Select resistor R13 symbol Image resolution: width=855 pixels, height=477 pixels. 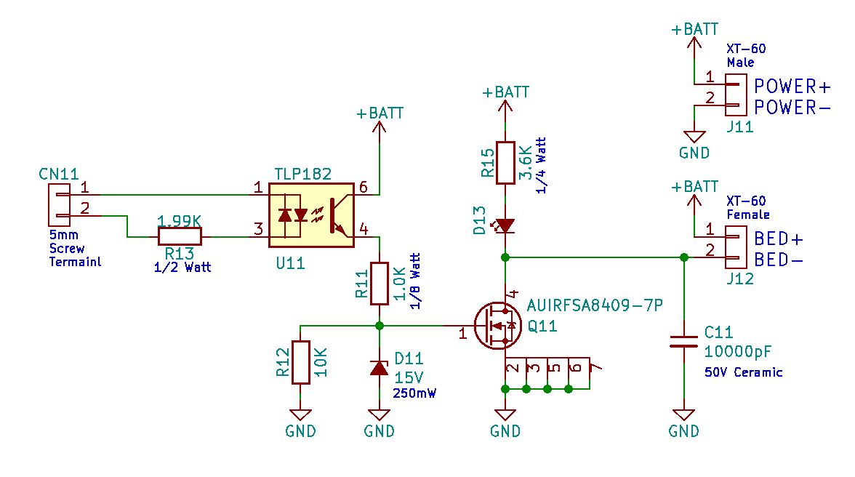pos(180,236)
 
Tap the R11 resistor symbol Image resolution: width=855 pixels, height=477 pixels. pos(379,284)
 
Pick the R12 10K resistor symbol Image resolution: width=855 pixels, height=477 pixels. pos(300,361)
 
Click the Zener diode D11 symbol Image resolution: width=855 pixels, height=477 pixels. pos(379,368)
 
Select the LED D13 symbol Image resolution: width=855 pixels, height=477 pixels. pos(505,225)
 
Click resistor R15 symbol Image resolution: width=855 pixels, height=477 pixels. pos(505,161)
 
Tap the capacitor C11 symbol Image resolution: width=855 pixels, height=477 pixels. pos(683,341)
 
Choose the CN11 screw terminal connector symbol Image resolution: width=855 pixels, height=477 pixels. pos(59,205)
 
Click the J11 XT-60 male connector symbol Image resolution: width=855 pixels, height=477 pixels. pos(735,97)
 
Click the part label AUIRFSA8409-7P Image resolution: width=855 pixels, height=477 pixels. pos(595,305)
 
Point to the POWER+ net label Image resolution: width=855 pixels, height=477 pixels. pos(792,87)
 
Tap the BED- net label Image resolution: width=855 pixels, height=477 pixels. pos(779,260)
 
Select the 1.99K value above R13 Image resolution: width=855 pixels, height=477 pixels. pos(180,220)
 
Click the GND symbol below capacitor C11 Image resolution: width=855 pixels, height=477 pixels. pos(683,418)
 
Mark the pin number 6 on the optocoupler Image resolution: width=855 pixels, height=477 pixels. pos(364,188)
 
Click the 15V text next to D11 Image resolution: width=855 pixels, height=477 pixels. pos(409,378)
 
